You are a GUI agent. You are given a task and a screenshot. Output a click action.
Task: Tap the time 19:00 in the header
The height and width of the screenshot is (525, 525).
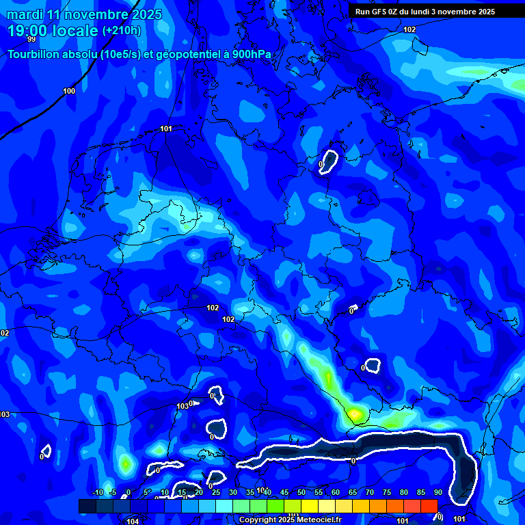coord(30,31)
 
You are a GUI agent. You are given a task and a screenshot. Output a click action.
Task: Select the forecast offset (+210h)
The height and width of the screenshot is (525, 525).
coord(121,31)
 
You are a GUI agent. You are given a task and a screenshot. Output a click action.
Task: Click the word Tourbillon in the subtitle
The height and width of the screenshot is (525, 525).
coord(33,55)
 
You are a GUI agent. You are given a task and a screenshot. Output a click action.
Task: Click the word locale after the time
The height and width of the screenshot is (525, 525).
coord(77,31)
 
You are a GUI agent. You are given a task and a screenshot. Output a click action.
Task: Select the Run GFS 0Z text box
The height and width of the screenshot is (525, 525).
coord(425,12)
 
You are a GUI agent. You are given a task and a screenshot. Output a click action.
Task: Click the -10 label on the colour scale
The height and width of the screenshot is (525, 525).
coord(97,493)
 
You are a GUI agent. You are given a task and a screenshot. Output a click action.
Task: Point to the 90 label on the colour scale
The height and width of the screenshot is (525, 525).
coord(437,493)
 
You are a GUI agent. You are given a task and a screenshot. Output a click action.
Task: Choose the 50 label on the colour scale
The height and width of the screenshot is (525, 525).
coord(301,493)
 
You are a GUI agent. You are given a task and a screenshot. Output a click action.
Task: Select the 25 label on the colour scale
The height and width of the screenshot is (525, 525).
coord(216,493)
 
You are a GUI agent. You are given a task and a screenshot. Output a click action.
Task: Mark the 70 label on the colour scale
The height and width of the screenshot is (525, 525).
coord(370,493)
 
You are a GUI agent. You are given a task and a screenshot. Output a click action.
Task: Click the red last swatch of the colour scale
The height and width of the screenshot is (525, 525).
coord(429,506)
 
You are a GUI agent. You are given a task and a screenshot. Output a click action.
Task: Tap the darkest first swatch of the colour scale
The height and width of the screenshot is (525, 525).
coord(87,506)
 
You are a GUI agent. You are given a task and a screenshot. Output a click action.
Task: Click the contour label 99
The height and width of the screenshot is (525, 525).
coord(31,40)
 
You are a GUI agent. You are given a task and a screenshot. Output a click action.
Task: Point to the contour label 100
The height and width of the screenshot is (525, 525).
coord(69,91)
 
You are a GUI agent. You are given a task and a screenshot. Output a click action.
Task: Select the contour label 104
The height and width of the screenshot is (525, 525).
coord(133,521)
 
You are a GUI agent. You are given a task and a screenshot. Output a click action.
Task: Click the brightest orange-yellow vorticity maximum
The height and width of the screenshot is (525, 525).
coord(354,413)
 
